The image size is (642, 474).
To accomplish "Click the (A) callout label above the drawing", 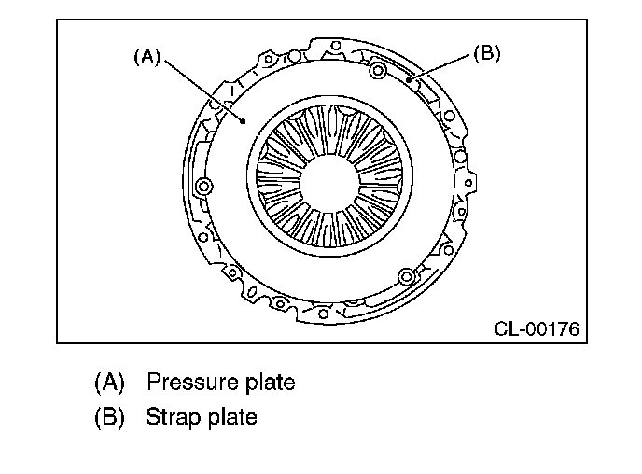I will (x=146, y=57).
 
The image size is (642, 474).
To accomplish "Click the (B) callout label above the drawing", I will (x=487, y=52).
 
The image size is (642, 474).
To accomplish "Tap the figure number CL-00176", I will (x=537, y=328).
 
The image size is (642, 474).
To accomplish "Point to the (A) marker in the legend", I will (x=108, y=383).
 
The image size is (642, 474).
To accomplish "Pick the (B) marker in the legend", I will (x=108, y=417).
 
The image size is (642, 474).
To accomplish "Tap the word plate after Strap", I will (x=228, y=417).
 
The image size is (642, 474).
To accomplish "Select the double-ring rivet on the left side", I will (x=205, y=188).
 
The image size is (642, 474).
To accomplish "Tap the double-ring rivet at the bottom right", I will (x=406, y=277).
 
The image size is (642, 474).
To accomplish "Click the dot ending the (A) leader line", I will (x=243, y=119).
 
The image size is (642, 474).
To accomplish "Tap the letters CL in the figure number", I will (x=505, y=328).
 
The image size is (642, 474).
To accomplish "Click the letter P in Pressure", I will (x=154, y=383).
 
